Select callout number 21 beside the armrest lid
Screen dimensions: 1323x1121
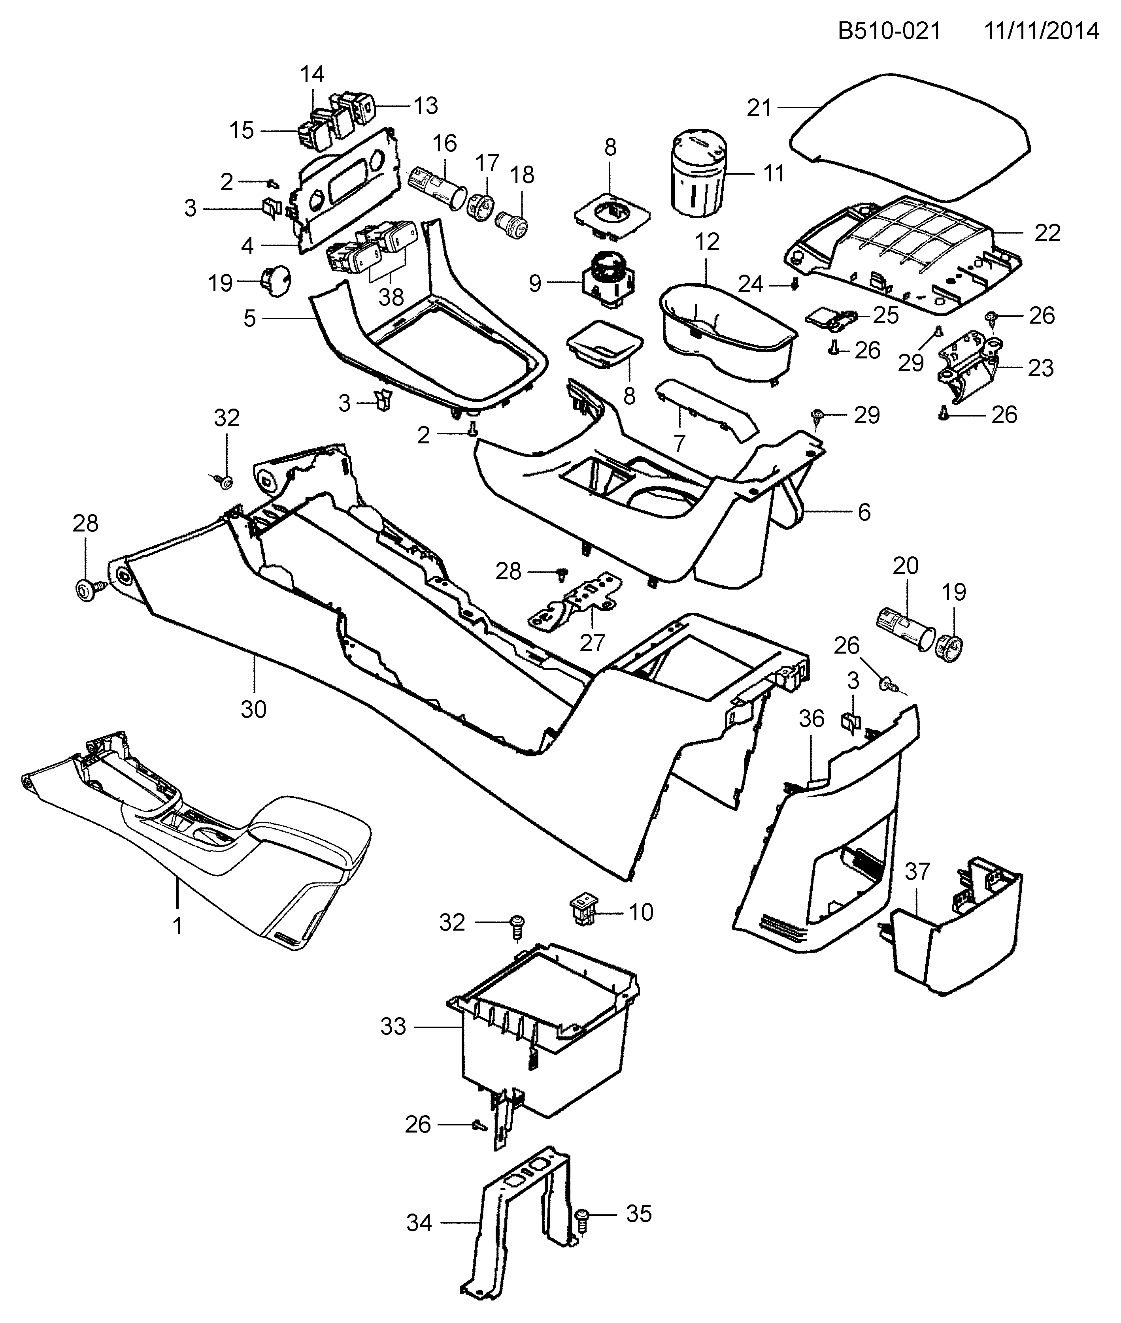point(759,108)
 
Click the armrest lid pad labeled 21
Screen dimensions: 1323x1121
point(909,134)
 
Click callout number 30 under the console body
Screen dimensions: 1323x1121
point(253,708)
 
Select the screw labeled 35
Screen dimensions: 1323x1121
point(581,1216)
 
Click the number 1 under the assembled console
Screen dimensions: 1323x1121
point(177,926)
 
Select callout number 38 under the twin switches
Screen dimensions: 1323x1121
point(391,296)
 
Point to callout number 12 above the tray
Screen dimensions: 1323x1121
point(707,242)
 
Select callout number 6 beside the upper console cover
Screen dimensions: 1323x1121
point(864,512)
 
